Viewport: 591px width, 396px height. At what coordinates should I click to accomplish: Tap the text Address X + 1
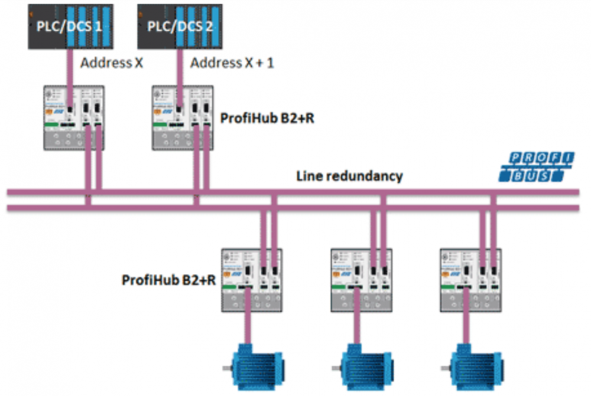tap(232, 63)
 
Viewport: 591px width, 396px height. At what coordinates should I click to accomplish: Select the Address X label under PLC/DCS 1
tap(112, 63)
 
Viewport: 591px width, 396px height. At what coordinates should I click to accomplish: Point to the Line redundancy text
tap(349, 176)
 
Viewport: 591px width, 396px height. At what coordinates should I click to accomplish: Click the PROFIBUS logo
tap(536, 167)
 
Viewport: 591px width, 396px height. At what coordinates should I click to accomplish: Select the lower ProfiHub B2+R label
tap(168, 279)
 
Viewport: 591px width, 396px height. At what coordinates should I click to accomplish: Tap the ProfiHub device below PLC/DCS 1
tap(74, 117)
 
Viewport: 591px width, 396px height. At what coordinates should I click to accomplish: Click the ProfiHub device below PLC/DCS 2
tap(183, 117)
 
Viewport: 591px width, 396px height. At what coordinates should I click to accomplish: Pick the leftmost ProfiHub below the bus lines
tap(251, 279)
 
